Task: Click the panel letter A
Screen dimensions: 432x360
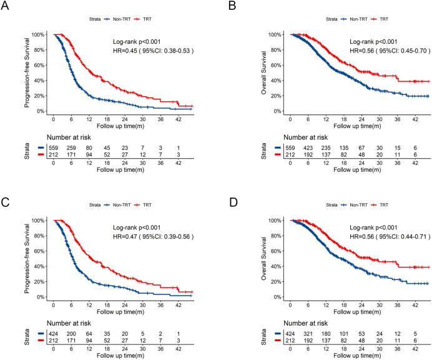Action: (x=5, y=6)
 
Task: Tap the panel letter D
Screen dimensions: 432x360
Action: (x=233, y=202)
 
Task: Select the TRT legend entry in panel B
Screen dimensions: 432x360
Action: (x=380, y=19)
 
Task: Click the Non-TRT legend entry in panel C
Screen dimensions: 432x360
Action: (x=117, y=205)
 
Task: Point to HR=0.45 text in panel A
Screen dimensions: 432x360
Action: (x=125, y=51)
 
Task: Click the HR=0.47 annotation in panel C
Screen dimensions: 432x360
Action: (x=125, y=237)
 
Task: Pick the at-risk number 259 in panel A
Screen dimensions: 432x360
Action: (x=71, y=148)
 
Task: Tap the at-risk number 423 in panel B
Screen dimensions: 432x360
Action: (x=308, y=148)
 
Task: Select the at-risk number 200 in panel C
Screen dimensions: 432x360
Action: (x=71, y=334)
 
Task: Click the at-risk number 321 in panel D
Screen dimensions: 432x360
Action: (x=308, y=334)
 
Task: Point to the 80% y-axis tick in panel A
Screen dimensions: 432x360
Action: (x=37, y=50)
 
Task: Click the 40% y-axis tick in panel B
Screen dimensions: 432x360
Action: (x=275, y=81)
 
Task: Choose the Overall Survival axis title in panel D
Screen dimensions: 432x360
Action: (x=263, y=259)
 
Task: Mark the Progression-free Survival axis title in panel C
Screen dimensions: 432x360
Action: (x=27, y=259)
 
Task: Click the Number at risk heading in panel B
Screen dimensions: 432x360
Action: (x=305, y=137)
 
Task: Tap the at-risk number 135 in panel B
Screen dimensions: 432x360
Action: (x=343, y=148)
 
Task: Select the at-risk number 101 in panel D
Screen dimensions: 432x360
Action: (x=343, y=334)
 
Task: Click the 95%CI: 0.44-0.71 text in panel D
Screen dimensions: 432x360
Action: (x=403, y=237)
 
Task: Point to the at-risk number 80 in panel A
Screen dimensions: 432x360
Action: (x=89, y=148)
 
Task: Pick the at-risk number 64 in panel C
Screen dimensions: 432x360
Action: (x=89, y=334)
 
